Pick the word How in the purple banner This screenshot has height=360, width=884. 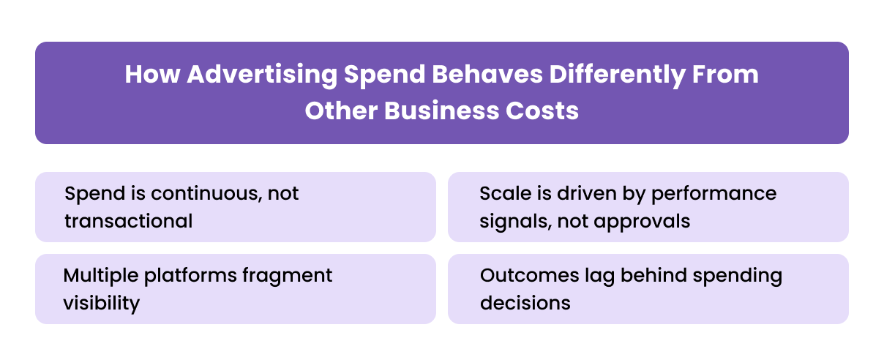coord(151,75)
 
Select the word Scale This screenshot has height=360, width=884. coord(502,194)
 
